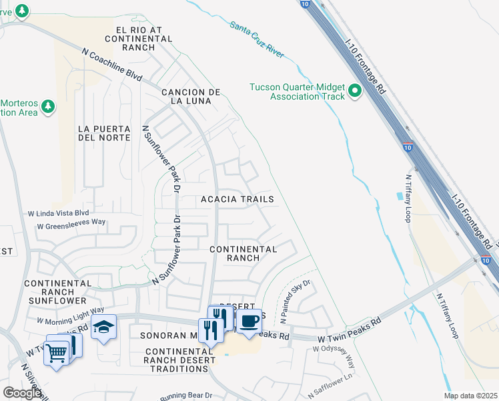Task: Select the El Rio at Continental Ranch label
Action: [x=144, y=35]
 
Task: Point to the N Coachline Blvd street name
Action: [x=112, y=64]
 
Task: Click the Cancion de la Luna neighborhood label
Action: [x=190, y=96]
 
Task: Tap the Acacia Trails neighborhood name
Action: [x=237, y=199]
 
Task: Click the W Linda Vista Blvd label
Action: [x=58, y=213]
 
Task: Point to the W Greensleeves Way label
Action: [x=71, y=226]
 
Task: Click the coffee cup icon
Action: [x=249, y=321]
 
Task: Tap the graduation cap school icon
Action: [x=103, y=327]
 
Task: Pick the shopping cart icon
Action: [x=56, y=352]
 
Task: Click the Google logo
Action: [x=22, y=392]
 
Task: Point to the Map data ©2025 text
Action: [x=470, y=396]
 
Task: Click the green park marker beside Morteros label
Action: [x=47, y=106]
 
